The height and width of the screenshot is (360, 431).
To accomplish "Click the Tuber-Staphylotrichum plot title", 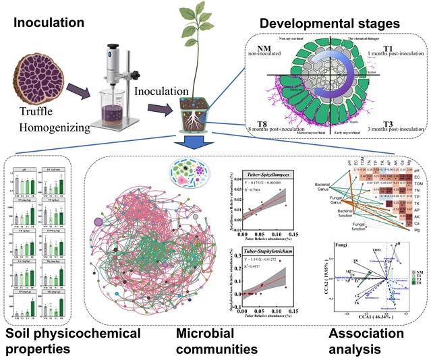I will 268,234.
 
